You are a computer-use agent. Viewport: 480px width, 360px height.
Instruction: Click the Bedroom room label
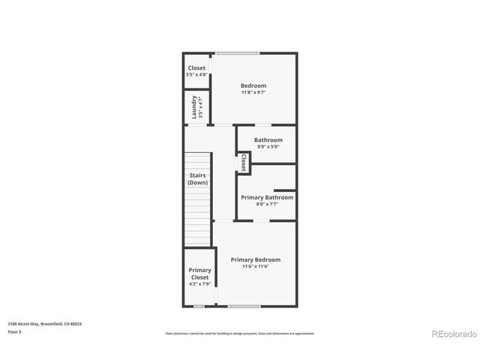pos(253,85)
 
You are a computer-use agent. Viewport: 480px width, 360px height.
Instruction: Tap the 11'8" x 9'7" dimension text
pos(253,93)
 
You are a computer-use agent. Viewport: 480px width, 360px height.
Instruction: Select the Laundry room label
pos(194,106)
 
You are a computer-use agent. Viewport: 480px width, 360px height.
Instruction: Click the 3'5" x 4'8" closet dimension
pos(196,75)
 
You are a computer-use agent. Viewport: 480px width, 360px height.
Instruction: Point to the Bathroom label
pos(268,140)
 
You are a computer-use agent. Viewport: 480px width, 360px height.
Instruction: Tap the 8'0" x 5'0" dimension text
pos(268,147)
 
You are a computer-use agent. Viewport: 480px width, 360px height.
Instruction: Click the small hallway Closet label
pos(244,163)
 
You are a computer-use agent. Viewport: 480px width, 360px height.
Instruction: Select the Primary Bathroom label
pos(267,197)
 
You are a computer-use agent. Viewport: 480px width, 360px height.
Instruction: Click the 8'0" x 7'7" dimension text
pos(267,204)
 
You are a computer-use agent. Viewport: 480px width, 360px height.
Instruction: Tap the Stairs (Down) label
pos(198,179)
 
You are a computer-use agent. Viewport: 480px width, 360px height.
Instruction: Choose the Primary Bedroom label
pos(255,259)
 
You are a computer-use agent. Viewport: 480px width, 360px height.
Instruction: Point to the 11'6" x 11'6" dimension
pos(255,266)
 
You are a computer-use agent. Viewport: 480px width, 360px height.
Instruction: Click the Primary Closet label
pos(199,274)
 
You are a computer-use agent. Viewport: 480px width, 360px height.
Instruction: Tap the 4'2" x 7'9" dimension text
pos(199,284)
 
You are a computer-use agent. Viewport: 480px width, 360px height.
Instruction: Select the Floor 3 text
pos(15,331)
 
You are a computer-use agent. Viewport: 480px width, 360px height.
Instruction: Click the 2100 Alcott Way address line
pos(45,323)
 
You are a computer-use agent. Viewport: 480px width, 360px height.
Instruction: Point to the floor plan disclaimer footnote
pos(239,333)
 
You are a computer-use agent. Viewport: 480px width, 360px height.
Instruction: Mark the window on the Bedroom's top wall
pos(238,52)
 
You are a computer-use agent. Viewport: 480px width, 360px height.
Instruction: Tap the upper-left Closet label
pos(196,68)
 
